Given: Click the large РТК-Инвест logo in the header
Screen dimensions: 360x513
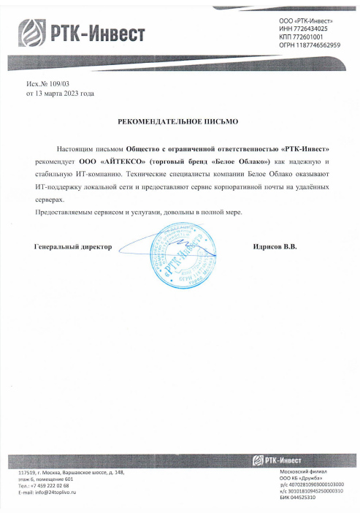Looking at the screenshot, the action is pos(83,33).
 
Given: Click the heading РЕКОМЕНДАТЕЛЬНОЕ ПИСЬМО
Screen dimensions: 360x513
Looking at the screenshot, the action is pos(179,118).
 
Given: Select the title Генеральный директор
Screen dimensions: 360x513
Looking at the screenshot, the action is pos(73,248).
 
